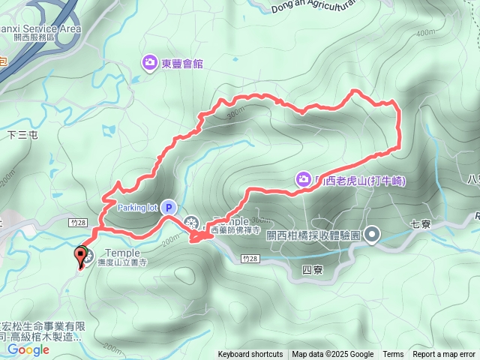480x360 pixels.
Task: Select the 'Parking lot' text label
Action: (137, 207)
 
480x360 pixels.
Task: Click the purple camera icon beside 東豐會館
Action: (149, 62)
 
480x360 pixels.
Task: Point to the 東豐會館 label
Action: (182, 63)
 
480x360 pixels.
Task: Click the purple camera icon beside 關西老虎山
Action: (304, 178)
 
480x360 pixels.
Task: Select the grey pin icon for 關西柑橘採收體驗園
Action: (373, 235)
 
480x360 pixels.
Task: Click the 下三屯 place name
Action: (22, 135)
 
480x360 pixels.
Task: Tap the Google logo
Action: (28, 349)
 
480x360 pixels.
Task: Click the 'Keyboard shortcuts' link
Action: (250, 355)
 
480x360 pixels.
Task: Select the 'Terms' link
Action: (393, 355)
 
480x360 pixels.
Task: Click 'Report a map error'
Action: (445, 355)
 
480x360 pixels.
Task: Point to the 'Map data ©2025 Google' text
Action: (333, 355)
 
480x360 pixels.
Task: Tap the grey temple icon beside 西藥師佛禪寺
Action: (192, 223)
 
